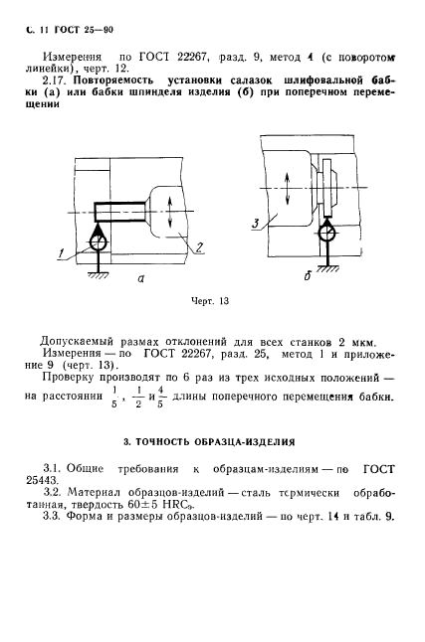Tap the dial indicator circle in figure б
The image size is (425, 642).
point(326,236)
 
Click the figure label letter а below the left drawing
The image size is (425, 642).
point(141,280)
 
